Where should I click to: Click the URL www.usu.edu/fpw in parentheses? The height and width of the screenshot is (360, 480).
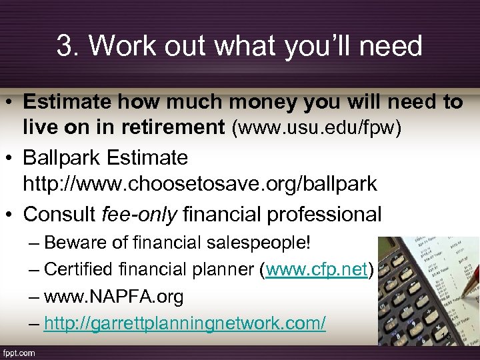coord(317,127)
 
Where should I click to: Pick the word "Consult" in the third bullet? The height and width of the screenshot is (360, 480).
coord(59,214)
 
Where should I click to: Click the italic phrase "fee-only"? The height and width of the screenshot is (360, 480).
coord(140,214)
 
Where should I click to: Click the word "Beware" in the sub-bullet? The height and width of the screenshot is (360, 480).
coord(73,242)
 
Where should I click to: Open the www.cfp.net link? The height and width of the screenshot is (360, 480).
coord(317,269)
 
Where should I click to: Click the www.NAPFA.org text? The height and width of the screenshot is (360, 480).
coord(113,297)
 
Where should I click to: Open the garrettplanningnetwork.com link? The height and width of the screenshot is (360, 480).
coord(185,323)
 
